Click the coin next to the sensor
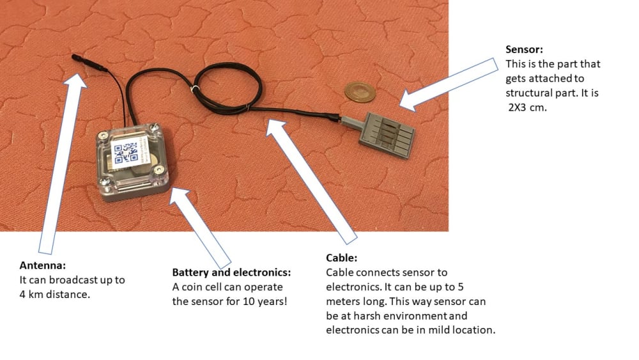coord(360,91)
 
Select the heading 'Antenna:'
coord(42,265)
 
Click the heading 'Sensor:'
coord(524,49)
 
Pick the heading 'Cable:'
coord(341,258)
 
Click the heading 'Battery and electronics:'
coord(231,272)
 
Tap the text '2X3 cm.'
coord(527,107)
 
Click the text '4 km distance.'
coord(54,294)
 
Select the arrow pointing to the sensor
coord(449,84)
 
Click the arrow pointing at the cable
coord(312,182)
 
